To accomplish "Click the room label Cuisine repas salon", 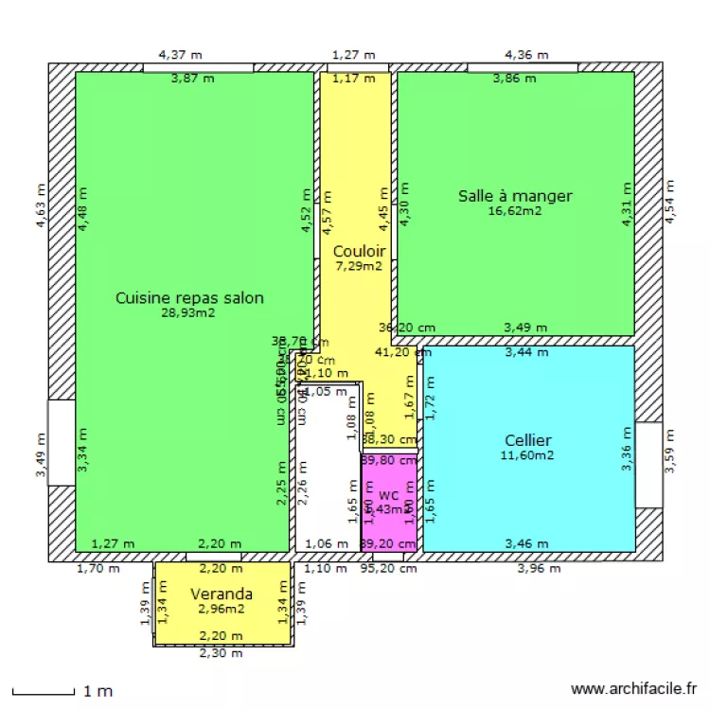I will pos(189,297).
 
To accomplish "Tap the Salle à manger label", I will pos(515,196).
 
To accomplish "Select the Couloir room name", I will pos(359,251).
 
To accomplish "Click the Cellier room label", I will pos(528,440).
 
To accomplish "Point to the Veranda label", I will pos(222,594).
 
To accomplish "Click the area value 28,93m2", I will pos(189,312).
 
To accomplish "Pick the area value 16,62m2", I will pos(515,211).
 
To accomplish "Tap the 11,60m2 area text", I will pos(528,455).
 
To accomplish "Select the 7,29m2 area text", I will pos(359,266).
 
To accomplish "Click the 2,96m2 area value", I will pos(222,609).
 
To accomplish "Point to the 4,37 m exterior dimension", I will pos(180,55).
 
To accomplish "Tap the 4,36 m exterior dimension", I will pos(526,55).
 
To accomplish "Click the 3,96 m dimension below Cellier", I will pos(539,569).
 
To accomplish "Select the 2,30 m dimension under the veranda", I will pos(221,653).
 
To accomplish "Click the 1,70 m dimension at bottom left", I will pos(98,569).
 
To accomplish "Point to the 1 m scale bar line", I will pos(43,692).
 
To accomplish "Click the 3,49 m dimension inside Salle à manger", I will pos(525,328).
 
